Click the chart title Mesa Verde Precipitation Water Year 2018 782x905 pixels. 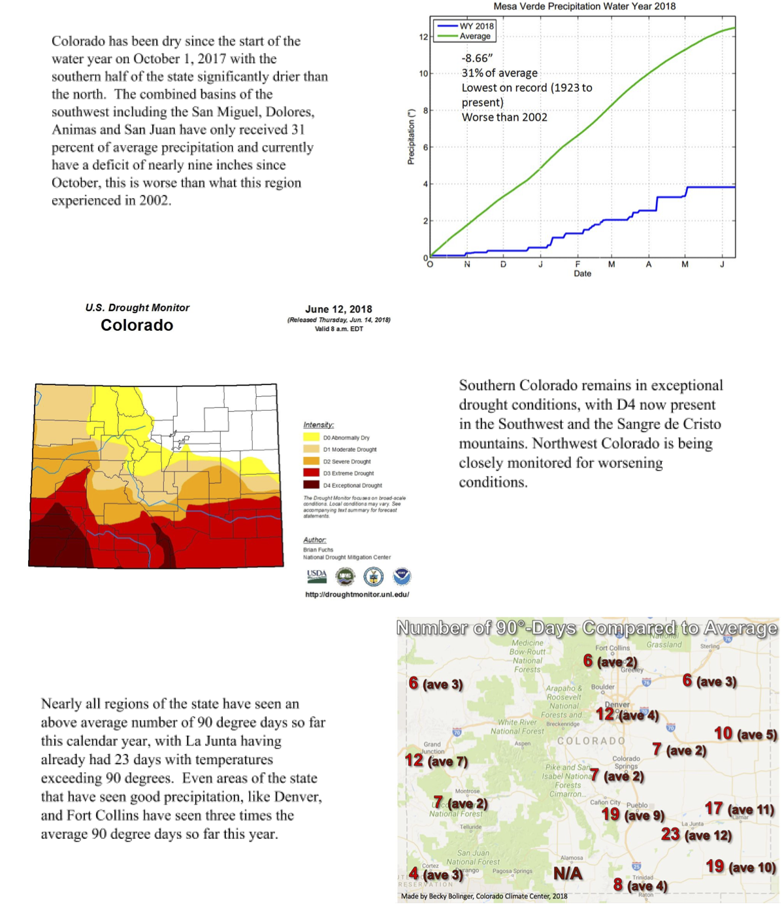pos(584,7)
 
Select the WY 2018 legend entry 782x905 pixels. pos(476,27)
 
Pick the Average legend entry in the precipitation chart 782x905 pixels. pos(475,37)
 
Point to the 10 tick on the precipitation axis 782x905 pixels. pos(423,74)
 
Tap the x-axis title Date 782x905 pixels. pos(582,274)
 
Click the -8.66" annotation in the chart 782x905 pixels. pos(477,59)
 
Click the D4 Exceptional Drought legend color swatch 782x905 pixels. pos(311,485)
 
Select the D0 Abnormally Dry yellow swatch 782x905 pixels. pos(311,437)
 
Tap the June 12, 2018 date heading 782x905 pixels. pos(338,309)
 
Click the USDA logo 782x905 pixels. pos(317,576)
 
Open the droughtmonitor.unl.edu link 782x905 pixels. pos(357,594)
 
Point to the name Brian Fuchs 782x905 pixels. pos(318,550)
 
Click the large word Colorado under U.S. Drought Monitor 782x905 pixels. pos(137,326)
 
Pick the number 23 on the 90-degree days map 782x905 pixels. pos(670,834)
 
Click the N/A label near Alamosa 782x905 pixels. pos(567,874)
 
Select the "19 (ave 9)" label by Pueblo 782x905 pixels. pos(632,815)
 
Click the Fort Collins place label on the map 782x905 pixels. pos(612,648)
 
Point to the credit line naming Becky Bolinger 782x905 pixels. pos(484,896)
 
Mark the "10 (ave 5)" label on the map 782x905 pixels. pos(745,734)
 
